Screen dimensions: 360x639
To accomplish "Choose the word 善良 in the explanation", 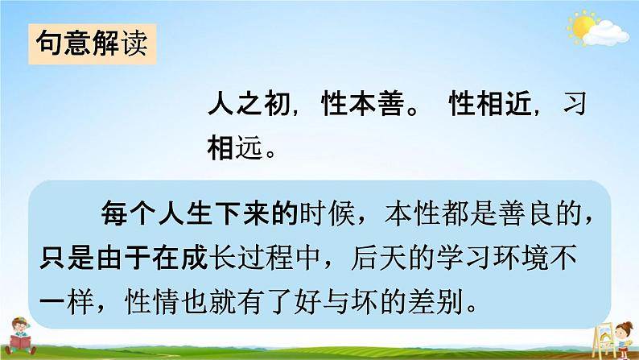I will pos(528,213).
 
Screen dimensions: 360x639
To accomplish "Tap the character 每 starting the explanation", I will pos(113,213).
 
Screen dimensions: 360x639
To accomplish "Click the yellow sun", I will pos(580,27).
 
